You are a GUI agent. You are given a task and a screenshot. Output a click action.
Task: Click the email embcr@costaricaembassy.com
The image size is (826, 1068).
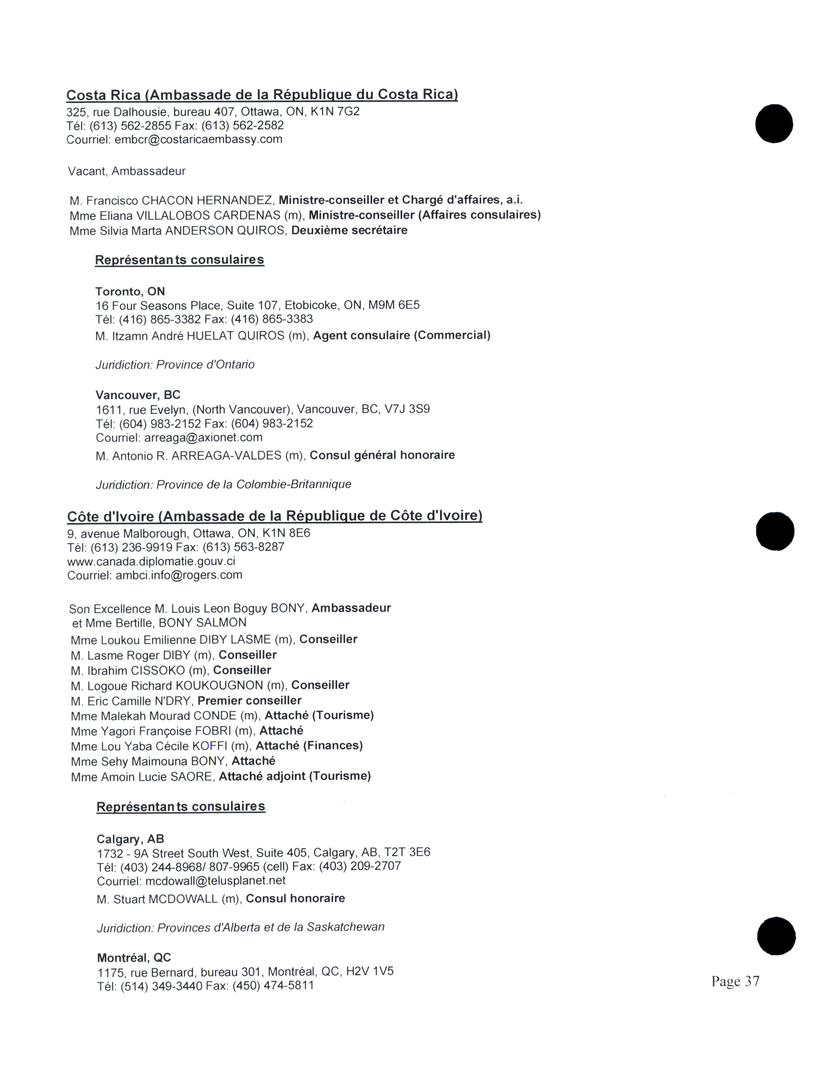click(198, 139)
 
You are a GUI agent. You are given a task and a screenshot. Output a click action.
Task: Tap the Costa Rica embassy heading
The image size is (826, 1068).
click(262, 95)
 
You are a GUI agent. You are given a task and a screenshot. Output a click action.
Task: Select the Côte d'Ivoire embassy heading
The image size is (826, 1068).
click(274, 516)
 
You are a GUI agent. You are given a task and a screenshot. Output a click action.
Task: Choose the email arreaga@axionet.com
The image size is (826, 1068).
click(203, 437)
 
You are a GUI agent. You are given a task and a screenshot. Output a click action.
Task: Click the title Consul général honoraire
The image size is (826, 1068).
click(382, 455)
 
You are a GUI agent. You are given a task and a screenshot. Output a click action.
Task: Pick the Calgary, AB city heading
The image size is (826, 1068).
click(130, 839)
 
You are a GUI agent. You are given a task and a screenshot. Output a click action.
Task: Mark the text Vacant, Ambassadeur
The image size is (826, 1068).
click(127, 171)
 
